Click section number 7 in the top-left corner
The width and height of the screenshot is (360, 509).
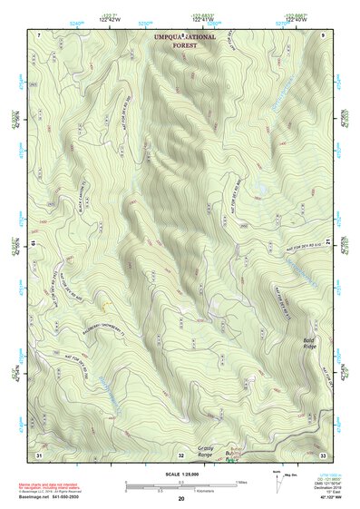[x=39, y=34]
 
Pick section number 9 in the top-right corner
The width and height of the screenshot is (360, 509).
[x=325, y=34]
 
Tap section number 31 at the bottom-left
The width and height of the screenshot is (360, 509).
[x=39, y=453]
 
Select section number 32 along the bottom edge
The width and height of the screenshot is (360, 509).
[x=180, y=454]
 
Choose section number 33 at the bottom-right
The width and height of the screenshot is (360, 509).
[x=324, y=454]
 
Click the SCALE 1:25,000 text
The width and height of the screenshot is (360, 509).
[x=180, y=475]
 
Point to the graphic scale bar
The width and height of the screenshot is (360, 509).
[x=180, y=485]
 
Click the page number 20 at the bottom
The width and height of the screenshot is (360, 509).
[x=181, y=499]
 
